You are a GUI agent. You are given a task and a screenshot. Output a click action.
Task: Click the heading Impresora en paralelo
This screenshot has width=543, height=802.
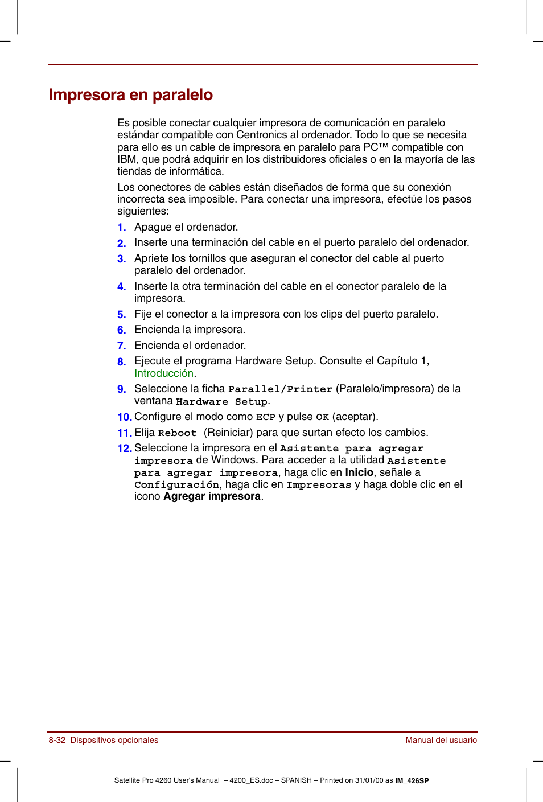(x=131, y=94)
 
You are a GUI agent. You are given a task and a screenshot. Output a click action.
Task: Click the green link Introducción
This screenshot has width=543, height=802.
(x=164, y=373)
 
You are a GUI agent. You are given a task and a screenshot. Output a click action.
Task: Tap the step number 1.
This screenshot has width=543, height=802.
(x=121, y=228)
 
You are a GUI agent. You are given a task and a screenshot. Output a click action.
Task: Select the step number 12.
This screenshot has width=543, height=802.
(x=124, y=449)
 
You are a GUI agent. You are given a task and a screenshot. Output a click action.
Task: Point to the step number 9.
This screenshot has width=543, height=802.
(x=121, y=389)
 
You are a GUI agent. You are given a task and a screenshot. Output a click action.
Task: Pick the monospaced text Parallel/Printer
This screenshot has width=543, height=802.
(x=280, y=389)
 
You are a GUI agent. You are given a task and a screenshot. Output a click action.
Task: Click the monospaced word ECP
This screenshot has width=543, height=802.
(x=265, y=417)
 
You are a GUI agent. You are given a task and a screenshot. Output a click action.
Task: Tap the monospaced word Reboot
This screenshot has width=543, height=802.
(x=177, y=433)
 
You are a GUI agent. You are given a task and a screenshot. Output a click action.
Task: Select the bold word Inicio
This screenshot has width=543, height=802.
(x=359, y=472)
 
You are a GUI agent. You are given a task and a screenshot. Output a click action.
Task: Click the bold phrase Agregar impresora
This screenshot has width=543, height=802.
(x=212, y=496)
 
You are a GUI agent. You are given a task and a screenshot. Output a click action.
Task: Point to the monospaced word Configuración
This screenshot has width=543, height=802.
(x=176, y=485)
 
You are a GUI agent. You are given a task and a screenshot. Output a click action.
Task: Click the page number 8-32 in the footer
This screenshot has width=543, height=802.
(x=57, y=740)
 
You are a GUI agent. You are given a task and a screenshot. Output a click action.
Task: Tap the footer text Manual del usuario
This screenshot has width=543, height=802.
(x=441, y=740)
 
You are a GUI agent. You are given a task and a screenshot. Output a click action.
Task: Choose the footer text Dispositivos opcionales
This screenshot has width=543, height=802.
(x=114, y=740)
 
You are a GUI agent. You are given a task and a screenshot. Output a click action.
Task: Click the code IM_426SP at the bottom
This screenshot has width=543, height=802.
(x=412, y=781)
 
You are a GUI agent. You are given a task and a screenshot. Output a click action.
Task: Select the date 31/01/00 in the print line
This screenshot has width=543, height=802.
(x=369, y=780)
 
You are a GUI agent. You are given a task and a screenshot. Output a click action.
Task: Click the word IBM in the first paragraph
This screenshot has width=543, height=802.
(x=127, y=159)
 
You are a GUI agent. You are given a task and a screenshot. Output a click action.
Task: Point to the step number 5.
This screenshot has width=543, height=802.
(x=121, y=315)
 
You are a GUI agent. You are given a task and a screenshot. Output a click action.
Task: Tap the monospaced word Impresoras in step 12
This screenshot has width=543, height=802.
(x=319, y=485)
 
